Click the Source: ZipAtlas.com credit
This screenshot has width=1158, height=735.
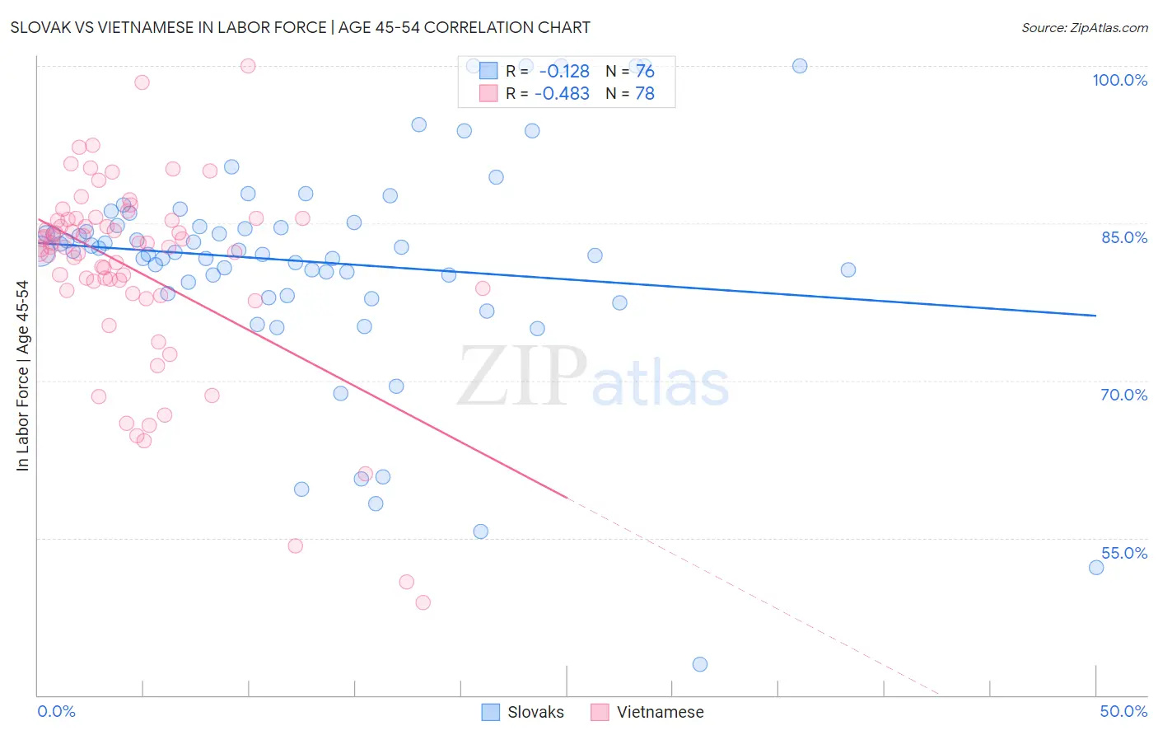click(x=1084, y=27)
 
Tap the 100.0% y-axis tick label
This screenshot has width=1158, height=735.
click(x=1119, y=80)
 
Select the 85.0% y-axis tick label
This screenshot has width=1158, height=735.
click(x=1123, y=237)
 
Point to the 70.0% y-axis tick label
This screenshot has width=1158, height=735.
click(x=1123, y=395)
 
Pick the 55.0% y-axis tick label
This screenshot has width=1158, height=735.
click(x=1123, y=553)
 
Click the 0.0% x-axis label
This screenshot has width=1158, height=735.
click(x=56, y=711)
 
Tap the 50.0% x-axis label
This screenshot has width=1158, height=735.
click(x=1123, y=711)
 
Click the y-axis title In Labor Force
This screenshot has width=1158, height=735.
click(x=22, y=376)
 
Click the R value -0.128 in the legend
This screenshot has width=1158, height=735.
click(x=564, y=72)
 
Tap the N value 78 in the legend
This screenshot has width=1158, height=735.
click(x=645, y=94)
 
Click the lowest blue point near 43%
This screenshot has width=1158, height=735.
click(x=700, y=664)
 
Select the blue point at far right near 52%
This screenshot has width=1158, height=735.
click(x=1096, y=567)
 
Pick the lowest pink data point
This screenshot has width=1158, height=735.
click(x=423, y=602)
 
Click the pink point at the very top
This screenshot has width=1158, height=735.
click(x=248, y=66)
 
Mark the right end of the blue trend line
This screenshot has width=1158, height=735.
click(x=1096, y=316)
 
